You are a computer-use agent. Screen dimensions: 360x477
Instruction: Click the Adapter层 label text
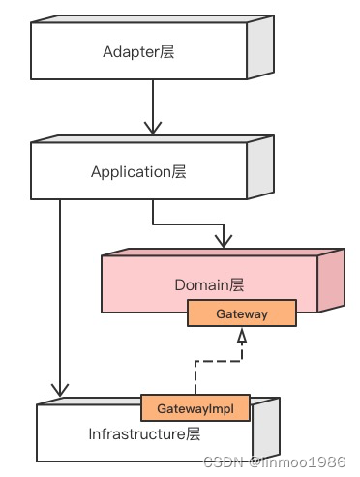138,52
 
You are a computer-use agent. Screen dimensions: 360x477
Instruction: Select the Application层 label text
138,172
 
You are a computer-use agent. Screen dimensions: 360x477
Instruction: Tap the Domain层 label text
209,285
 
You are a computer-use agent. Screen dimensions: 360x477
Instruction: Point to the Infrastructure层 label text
144,433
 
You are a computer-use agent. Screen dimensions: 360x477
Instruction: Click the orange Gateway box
242,313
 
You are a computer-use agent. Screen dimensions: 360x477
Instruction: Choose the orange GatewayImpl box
195,408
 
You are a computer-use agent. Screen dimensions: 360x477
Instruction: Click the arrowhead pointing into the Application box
153,128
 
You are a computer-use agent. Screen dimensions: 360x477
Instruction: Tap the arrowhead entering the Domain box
224,242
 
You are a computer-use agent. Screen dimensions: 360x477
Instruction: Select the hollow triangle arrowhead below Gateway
242,336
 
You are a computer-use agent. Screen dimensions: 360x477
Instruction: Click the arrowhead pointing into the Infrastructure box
60,390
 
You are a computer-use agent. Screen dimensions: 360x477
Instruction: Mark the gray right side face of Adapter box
260,47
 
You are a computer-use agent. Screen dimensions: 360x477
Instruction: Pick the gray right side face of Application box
260,167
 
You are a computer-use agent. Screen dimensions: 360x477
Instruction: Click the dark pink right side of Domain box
331,281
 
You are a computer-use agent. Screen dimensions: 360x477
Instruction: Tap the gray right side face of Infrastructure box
266,429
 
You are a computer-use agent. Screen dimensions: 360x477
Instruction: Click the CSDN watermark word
223,462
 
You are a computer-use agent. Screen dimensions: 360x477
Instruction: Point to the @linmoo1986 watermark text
297,462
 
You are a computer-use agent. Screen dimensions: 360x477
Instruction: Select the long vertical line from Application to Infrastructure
60,298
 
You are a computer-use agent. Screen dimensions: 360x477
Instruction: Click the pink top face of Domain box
224,253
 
